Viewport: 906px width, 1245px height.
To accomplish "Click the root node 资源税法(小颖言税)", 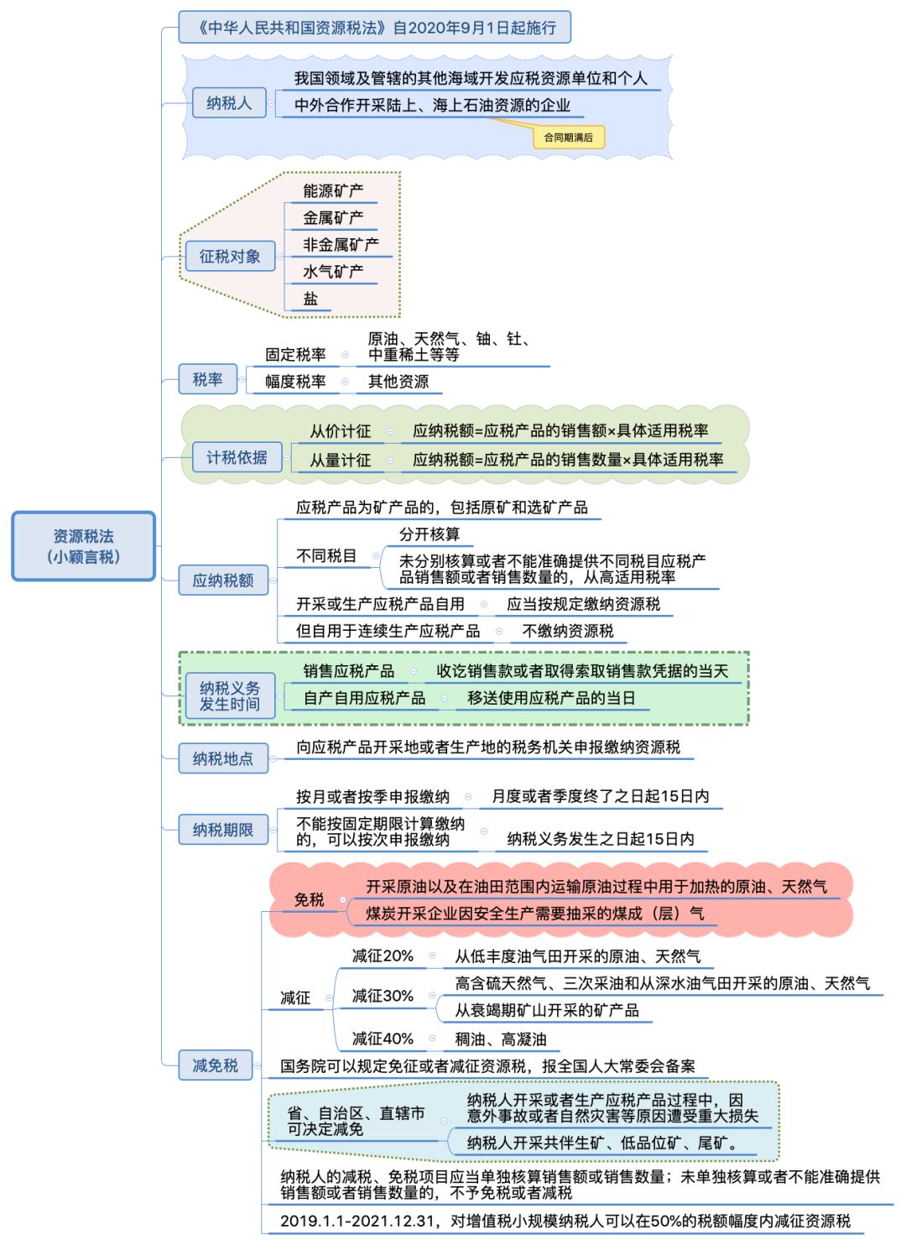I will [x=83, y=546].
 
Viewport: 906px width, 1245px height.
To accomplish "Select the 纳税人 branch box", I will [x=228, y=103].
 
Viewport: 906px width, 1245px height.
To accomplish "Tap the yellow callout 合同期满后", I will [x=568, y=138].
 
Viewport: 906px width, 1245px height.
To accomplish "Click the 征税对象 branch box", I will [x=229, y=257].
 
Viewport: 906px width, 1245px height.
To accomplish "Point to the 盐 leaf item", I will [x=310, y=299].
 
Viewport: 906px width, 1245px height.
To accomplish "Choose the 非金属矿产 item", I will [x=341, y=245].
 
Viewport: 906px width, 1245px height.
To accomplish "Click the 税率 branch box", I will [x=207, y=379].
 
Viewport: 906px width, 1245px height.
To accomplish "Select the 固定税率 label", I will [x=295, y=355].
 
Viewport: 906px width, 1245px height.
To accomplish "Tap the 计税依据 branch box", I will [x=237, y=457].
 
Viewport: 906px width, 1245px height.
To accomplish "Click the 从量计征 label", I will [x=340, y=460].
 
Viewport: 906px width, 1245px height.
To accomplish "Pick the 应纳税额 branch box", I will [x=222, y=581].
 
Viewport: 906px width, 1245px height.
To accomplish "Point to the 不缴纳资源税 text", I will [x=568, y=631].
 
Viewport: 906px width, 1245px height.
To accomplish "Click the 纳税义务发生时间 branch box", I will [x=229, y=696].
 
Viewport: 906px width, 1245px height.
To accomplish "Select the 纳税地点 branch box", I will [x=222, y=758].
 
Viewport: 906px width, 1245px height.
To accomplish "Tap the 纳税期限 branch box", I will [x=222, y=830].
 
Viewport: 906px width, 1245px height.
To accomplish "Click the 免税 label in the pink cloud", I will [x=309, y=899].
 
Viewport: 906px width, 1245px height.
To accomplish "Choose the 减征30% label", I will [x=383, y=996].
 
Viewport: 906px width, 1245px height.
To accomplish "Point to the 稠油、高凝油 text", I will [x=501, y=1039].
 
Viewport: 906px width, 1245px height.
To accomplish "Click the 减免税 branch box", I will [x=216, y=1065].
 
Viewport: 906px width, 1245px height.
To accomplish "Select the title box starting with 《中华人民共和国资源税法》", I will [x=374, y=28].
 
